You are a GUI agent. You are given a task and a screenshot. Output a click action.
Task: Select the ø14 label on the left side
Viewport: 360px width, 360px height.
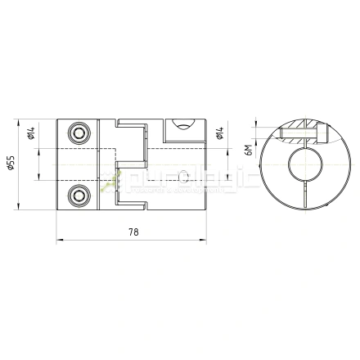click(x=30, y=136)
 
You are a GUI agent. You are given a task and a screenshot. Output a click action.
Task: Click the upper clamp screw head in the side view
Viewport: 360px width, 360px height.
click(x=79, y=133)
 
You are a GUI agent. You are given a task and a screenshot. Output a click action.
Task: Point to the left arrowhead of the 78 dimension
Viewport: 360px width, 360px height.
click(x=60, y=241)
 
